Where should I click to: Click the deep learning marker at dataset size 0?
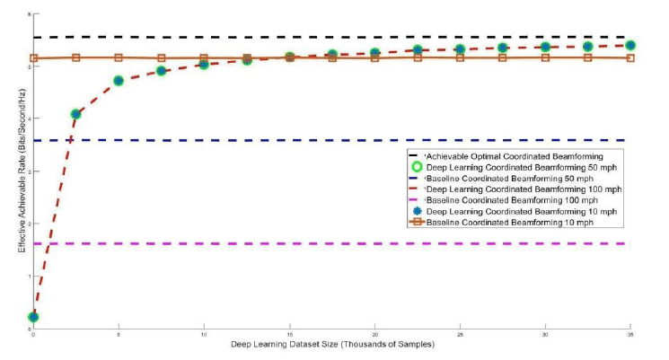tap(33, 317)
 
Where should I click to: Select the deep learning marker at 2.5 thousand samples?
tap(76, 114)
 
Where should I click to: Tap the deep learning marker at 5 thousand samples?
tap(119, 81)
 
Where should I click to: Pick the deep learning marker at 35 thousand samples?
tap(630, 45)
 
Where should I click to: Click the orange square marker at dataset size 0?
tap(33, 58)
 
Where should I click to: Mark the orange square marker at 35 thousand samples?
tap(630, 57)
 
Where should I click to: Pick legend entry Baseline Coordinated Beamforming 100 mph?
tap(508, 199)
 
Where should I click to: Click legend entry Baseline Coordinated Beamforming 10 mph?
tap(506, 221)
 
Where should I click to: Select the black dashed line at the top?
tap(269, 37)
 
